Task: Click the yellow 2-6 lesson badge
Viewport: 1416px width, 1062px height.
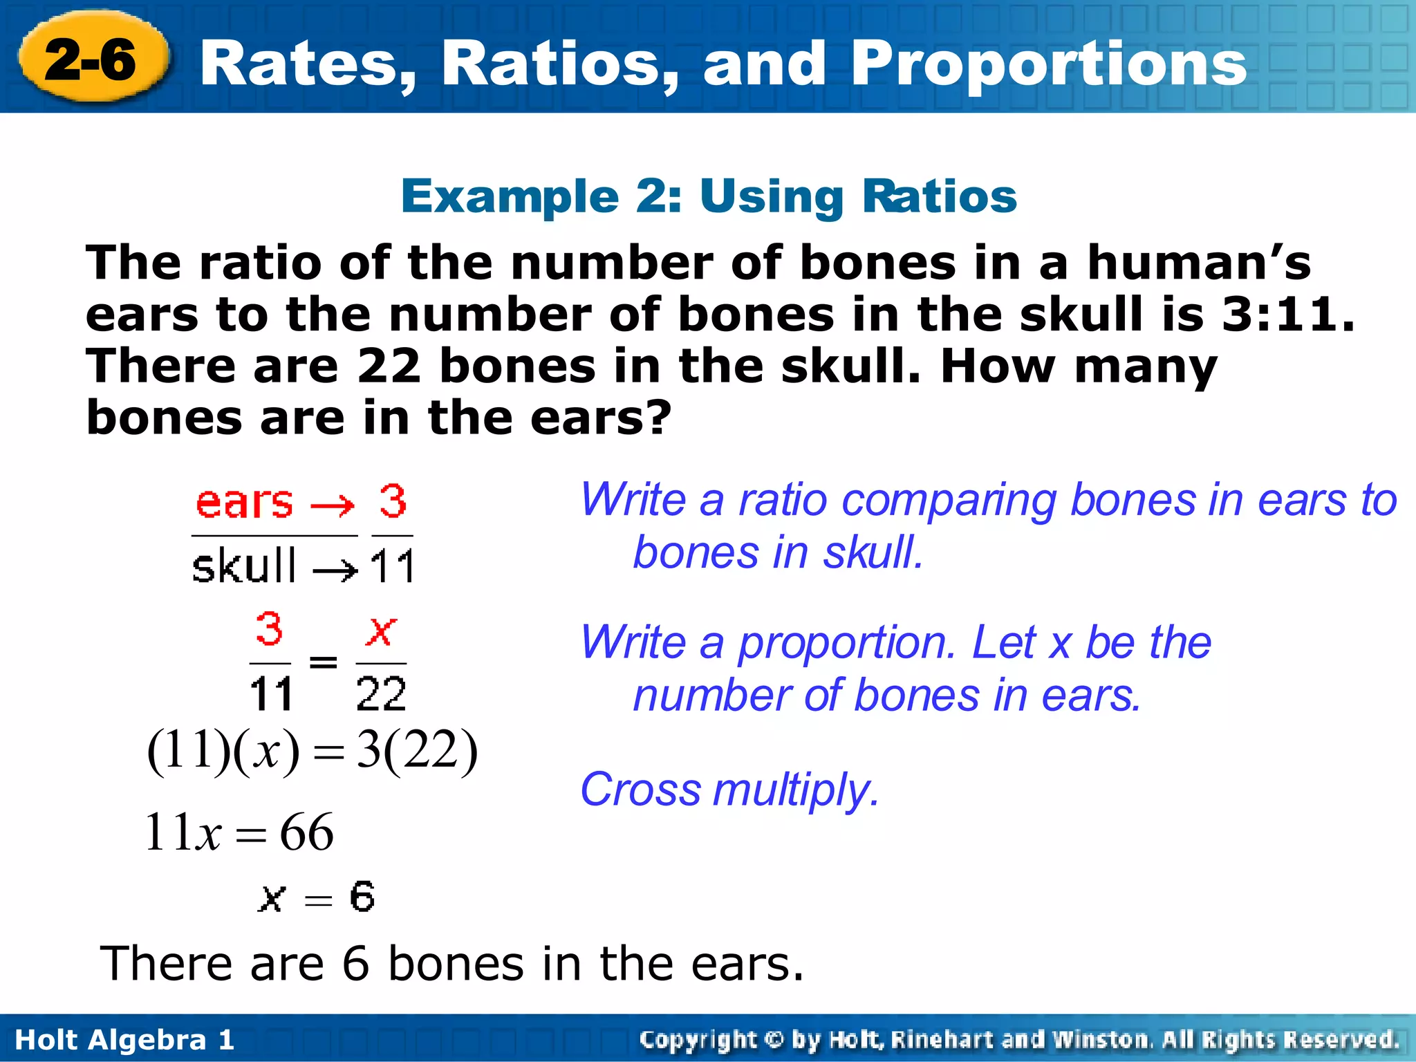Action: click(x=92, y=59)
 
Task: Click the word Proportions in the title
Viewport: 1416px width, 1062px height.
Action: click(x=1049, y=64)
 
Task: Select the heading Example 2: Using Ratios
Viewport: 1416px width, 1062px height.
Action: click(x=709, y=196)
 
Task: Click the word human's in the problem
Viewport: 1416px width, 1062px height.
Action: click(x=1198, y=263)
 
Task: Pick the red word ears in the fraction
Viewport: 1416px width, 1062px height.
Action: click(x=244, y=503)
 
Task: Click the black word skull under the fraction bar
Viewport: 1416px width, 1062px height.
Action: click(x=244, y=566)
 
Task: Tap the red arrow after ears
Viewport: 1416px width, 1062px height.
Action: click(x=333, y=506)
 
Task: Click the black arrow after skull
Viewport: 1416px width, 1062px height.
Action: click(x=335, y=570)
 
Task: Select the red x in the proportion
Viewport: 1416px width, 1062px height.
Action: click(x=381, y=631)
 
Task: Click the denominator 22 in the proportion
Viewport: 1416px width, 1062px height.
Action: click(x=381, y=693)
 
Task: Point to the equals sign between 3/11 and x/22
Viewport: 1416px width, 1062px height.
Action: click(x=323, y=662)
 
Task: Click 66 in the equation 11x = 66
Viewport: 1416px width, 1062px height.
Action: click(x=306, y=832)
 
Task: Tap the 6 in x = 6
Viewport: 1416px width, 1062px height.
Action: click(x=362, y=897)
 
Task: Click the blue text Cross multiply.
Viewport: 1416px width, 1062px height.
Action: click(x=729, y=790)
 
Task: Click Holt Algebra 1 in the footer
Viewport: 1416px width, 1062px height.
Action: click(x=124, y=1040)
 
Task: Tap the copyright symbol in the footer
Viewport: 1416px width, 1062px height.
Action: click(x=774, y=1040)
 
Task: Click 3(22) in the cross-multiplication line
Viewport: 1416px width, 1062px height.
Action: click(x=417, y=751)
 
